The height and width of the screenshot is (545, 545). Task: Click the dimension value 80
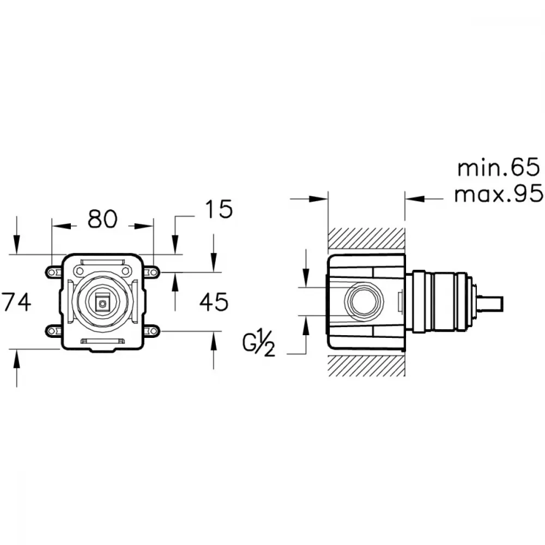[102, 219]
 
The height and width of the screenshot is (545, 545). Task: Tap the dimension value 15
[219, 209]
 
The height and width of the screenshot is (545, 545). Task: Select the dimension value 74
[16, 302]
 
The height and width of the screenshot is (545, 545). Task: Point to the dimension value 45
[214, 302]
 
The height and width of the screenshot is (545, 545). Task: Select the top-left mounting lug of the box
[53, 272]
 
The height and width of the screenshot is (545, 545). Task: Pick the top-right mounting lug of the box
[152, 272]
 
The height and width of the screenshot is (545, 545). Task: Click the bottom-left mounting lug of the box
[53, 331]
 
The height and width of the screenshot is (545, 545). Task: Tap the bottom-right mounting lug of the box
[152, 331]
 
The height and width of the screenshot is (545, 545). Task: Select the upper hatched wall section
[366, 239]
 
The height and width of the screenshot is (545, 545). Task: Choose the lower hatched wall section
[366, 366]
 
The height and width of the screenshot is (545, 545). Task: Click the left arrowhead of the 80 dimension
[61, 226]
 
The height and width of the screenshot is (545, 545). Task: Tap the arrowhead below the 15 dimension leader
[175, 245]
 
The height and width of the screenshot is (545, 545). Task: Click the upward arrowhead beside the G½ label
[306, 326]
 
